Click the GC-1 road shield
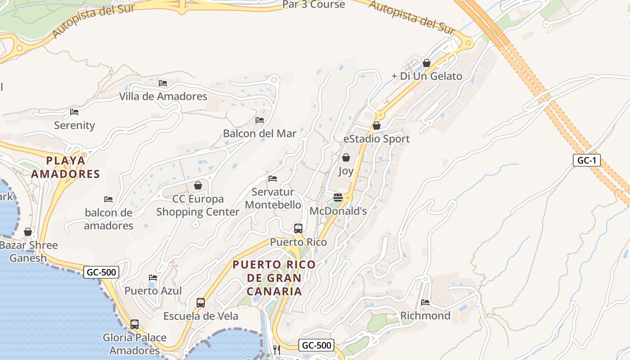(586, 160)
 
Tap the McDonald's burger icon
(338, 198)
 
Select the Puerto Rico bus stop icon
(298, 229)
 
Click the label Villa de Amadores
(163, 96)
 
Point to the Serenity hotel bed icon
(74, 112)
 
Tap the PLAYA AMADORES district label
(65, 167)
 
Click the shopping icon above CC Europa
(198, 185)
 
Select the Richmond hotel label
(425, 315)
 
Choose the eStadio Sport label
(377, 139)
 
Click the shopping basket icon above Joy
(346, 157)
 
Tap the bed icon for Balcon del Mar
(260, 120)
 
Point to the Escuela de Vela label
(201, 316)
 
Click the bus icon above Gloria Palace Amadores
(134, 324)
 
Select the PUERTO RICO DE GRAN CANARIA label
(274, 278)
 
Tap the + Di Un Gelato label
(427, 76)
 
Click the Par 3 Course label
(314, 4)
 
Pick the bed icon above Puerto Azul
(153, 277)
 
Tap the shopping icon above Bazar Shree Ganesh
(28, 232)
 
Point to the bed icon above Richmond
(425, 302)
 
